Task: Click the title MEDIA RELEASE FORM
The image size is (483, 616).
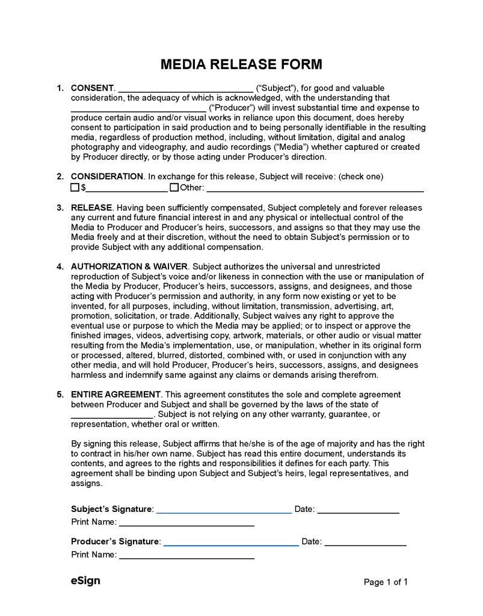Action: tap(241, 64)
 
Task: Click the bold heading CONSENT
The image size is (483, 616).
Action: tap(92, 88)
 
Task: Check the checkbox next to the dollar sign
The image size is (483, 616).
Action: tap(75, 187)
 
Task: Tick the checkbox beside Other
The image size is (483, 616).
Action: tap(174, 187)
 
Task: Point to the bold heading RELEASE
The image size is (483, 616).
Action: tap(91, 208)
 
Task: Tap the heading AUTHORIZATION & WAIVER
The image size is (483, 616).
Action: tap(129, 266)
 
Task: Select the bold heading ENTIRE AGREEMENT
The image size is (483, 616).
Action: tap(115, 395)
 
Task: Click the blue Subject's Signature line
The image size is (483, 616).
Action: tap(224, 511)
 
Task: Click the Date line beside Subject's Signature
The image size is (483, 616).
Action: tap(358, 511)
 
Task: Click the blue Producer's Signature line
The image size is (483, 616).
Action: tap(231, 544)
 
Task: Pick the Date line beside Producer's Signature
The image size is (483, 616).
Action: tap(365, 544)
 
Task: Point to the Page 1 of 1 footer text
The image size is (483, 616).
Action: tap(386, 582)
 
